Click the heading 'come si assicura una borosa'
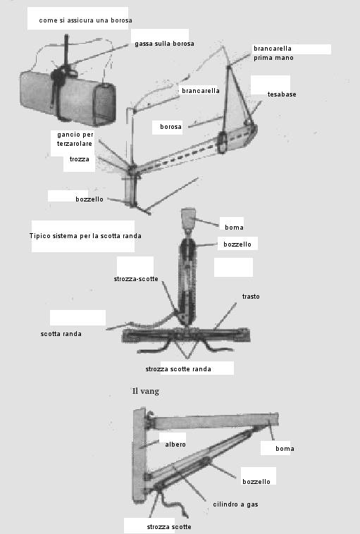85,20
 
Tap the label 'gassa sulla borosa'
165,44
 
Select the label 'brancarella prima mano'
273,53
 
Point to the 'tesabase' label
282,94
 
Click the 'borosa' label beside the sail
170,127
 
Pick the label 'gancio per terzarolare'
75,139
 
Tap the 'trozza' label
80,159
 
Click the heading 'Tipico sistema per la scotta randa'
85,236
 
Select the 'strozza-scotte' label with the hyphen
136,279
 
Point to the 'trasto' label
251,297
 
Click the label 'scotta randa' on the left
61,334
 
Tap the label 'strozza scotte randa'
178,369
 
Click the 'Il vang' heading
145,391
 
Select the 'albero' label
175,445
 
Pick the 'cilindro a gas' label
235,504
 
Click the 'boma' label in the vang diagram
285,449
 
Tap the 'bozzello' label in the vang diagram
256,482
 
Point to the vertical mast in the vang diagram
139,455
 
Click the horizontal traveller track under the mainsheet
186,335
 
